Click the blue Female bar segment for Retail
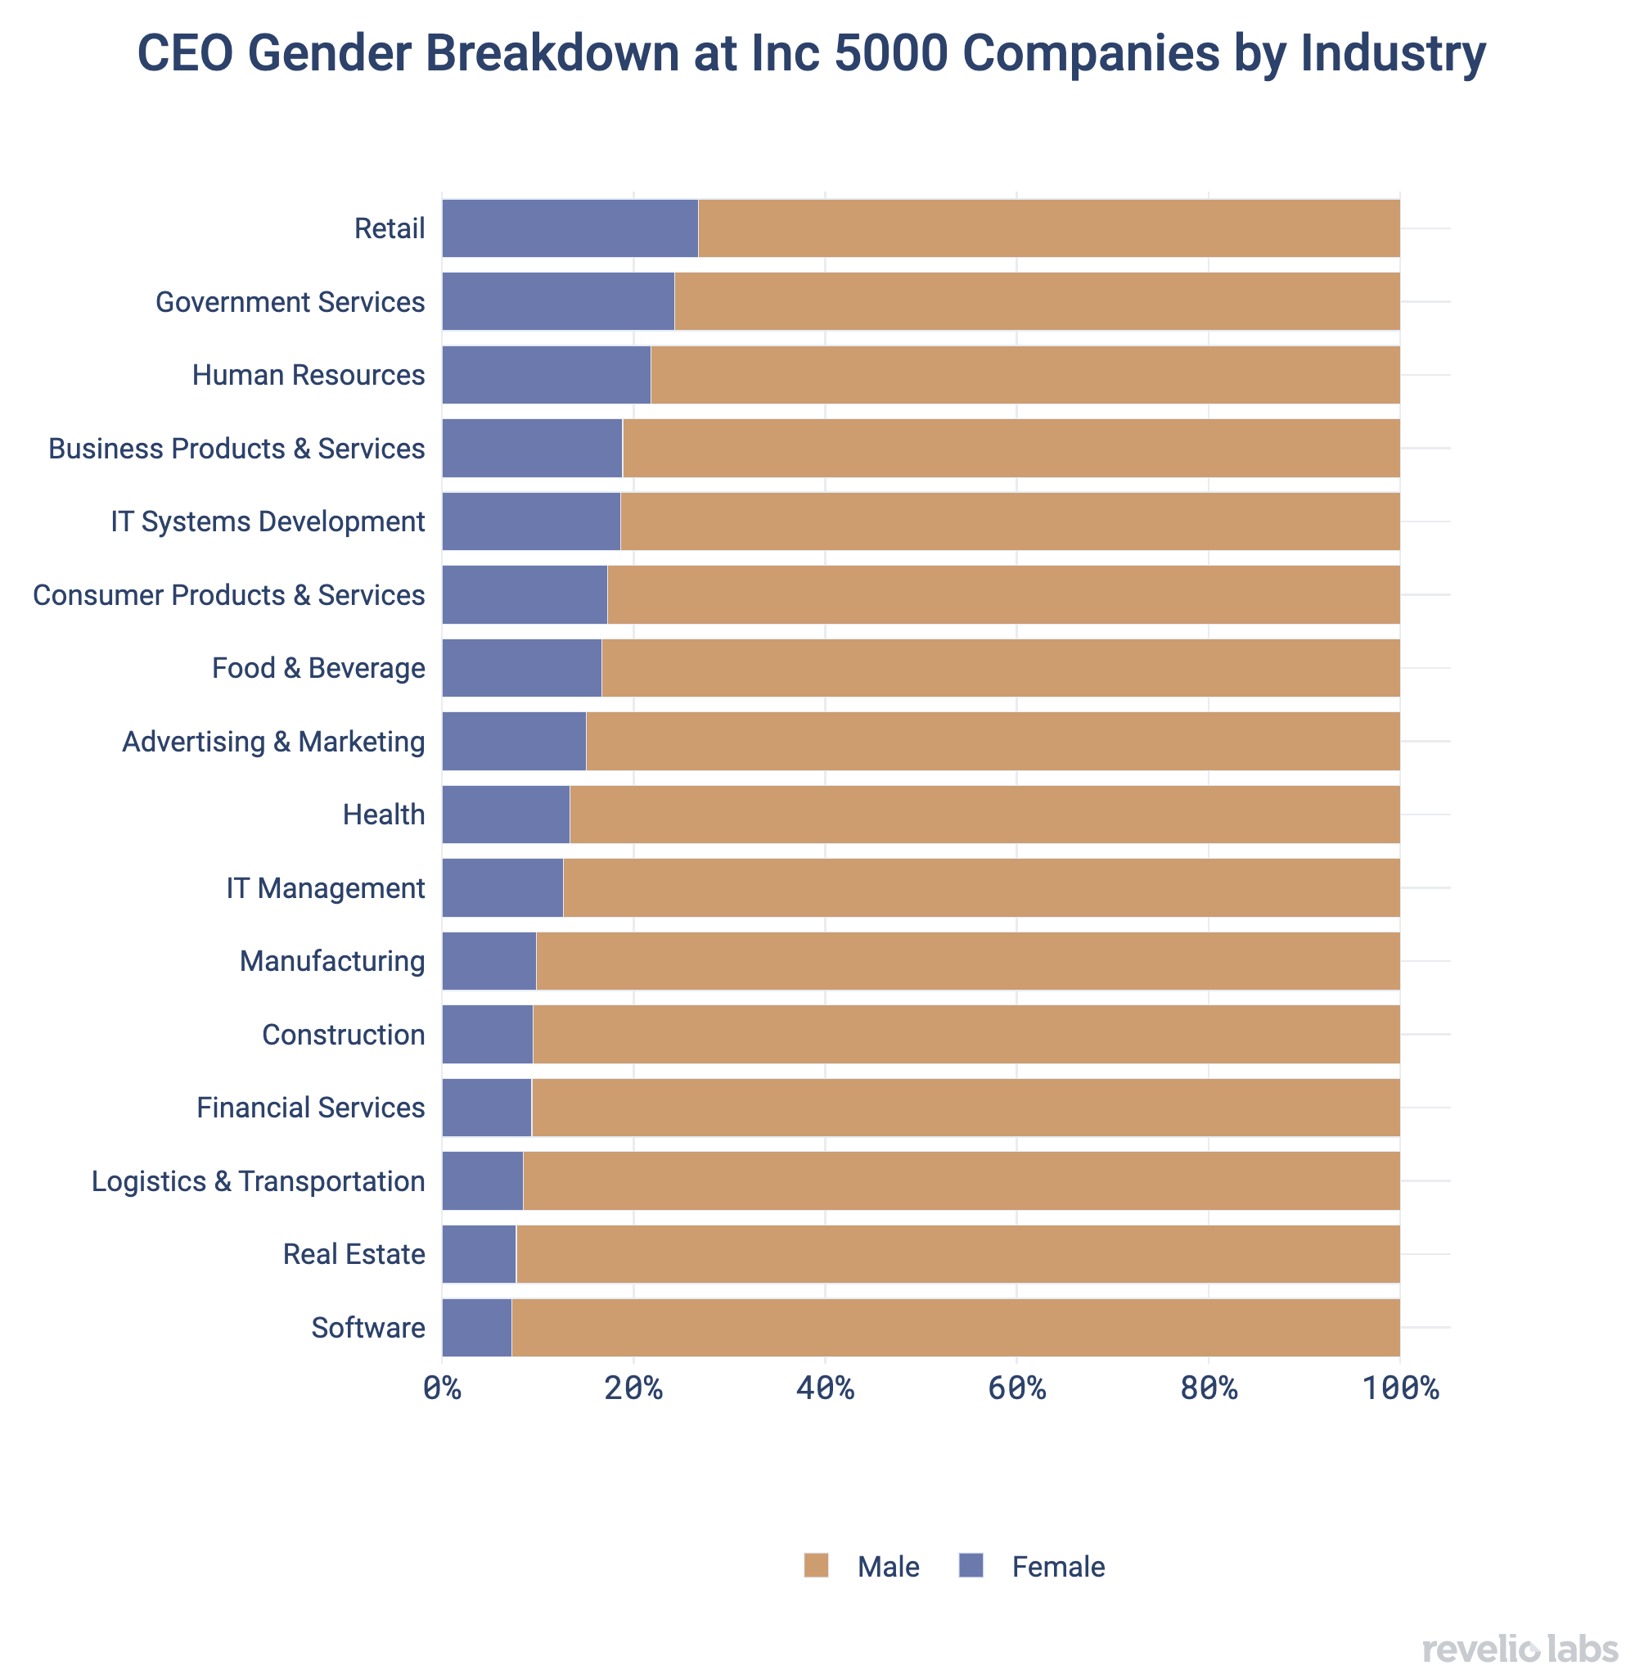(x=570, y=228)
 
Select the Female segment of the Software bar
(x=476, y=1328)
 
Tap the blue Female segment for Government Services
(x=558, y=301)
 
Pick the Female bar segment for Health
(x=506, y=815)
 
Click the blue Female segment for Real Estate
(x=480, y=1254)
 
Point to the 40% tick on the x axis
(x=824, y=1388)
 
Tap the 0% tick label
(x=442, y=1388)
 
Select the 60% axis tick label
(x=1016, y=1388)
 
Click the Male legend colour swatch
(x=816, y=1566)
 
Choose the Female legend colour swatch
(x=971, y=1566)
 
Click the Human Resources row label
(x=309, y=375)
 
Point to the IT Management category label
(x=326, y=888)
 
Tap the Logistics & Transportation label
(x=259, y=1181)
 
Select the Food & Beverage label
(x=318, y=668)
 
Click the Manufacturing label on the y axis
(x=332, y=961)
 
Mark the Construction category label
(x=344, y=1035)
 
